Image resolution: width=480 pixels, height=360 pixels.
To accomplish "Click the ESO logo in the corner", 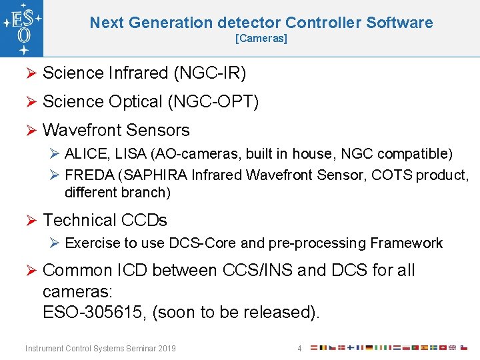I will (x=22, y=29).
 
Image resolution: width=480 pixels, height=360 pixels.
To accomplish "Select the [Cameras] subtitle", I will (x=261, y=39).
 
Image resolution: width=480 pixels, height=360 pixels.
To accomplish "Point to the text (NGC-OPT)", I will (x=213, y=101).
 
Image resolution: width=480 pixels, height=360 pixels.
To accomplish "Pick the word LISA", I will (x=131, y=154).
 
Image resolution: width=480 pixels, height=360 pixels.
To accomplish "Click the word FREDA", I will (x=89, y=175).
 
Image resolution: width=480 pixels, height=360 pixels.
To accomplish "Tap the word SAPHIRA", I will (x=159, y=175).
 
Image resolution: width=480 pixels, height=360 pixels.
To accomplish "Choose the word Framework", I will (x=406, y=243).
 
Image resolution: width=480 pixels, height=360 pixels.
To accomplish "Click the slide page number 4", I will (x=300, y=348).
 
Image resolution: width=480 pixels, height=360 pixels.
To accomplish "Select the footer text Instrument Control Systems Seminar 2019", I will (x=100, y=348).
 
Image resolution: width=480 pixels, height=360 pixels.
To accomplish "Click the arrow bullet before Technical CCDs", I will (x=31, y=220).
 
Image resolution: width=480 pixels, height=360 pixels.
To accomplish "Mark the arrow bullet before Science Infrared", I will (x=31, y=73).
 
